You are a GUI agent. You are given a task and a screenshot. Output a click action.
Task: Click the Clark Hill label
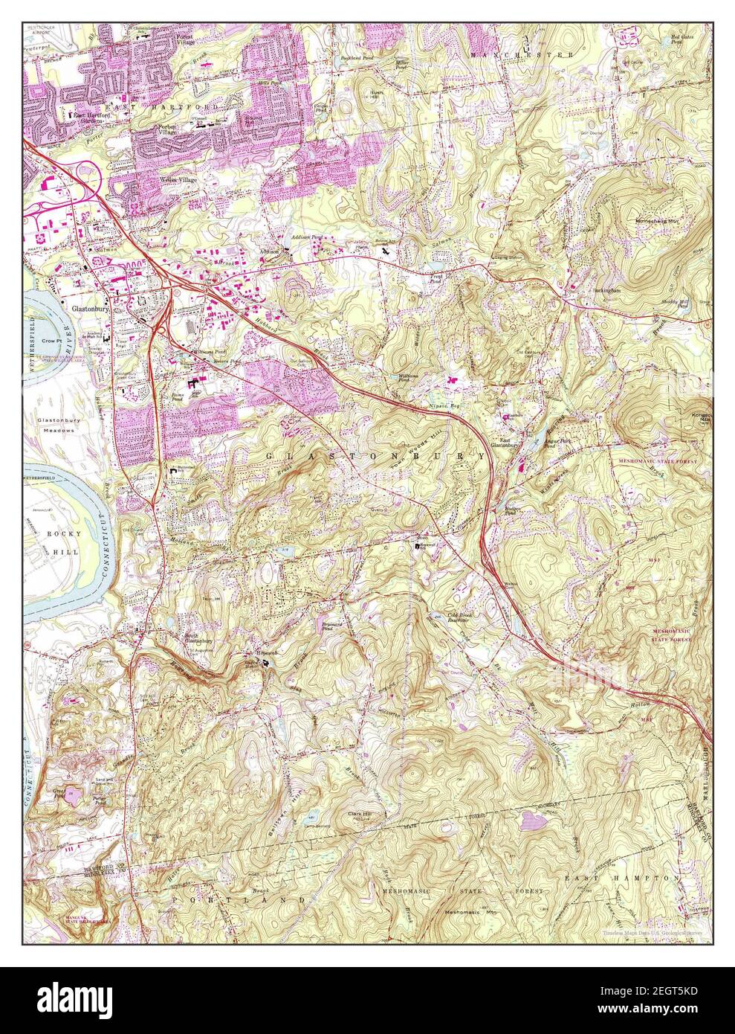click(x=362, y=815)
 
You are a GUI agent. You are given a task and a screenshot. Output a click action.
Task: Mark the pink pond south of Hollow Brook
click(x=532, y=821)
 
